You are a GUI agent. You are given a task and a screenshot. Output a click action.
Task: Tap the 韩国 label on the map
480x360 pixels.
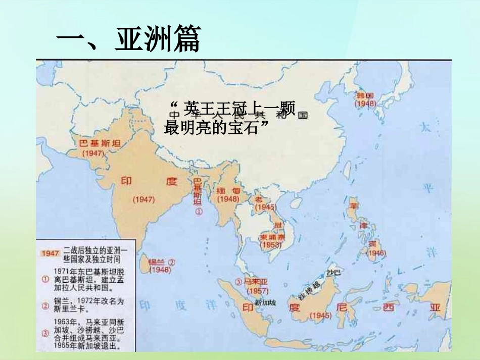click(x=365, y=95)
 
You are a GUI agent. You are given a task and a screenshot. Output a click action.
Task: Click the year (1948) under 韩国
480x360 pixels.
click(x=365, y=104)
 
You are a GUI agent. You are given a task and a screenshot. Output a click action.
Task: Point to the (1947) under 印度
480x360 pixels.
click(x=143, y=199)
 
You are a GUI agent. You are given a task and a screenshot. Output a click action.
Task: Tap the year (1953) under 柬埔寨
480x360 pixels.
click(x=271, y=245)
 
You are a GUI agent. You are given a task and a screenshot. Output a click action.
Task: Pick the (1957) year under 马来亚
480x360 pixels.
click(x=258, y=291)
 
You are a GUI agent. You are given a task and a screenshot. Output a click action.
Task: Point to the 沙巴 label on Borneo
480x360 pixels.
click(x=334, y=272)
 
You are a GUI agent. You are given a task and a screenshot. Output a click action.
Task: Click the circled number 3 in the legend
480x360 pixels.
click(x=45, y=333)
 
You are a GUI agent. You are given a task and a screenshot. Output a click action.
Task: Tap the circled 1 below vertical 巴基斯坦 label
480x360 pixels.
click(x=199, y=213)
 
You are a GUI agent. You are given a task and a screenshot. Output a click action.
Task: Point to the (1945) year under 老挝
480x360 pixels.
click(x=265, y=207)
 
